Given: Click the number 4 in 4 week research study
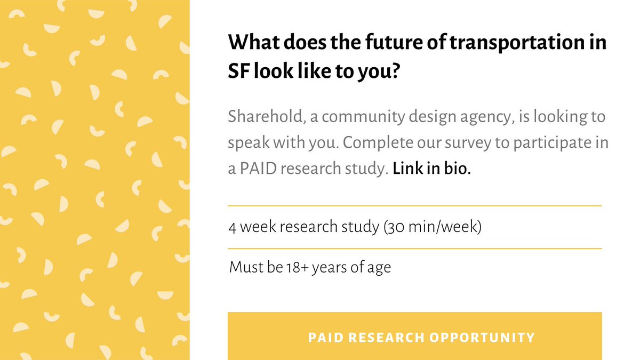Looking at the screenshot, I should pyautogui.click(x=233, y=227).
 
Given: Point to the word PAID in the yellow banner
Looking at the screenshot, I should pyautogui.click(x=325, y=337).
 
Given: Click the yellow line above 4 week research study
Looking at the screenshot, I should pyautogui.click(x=414, y=205).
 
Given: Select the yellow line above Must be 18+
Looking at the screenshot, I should pyautogui.click(x=414, y=249).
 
